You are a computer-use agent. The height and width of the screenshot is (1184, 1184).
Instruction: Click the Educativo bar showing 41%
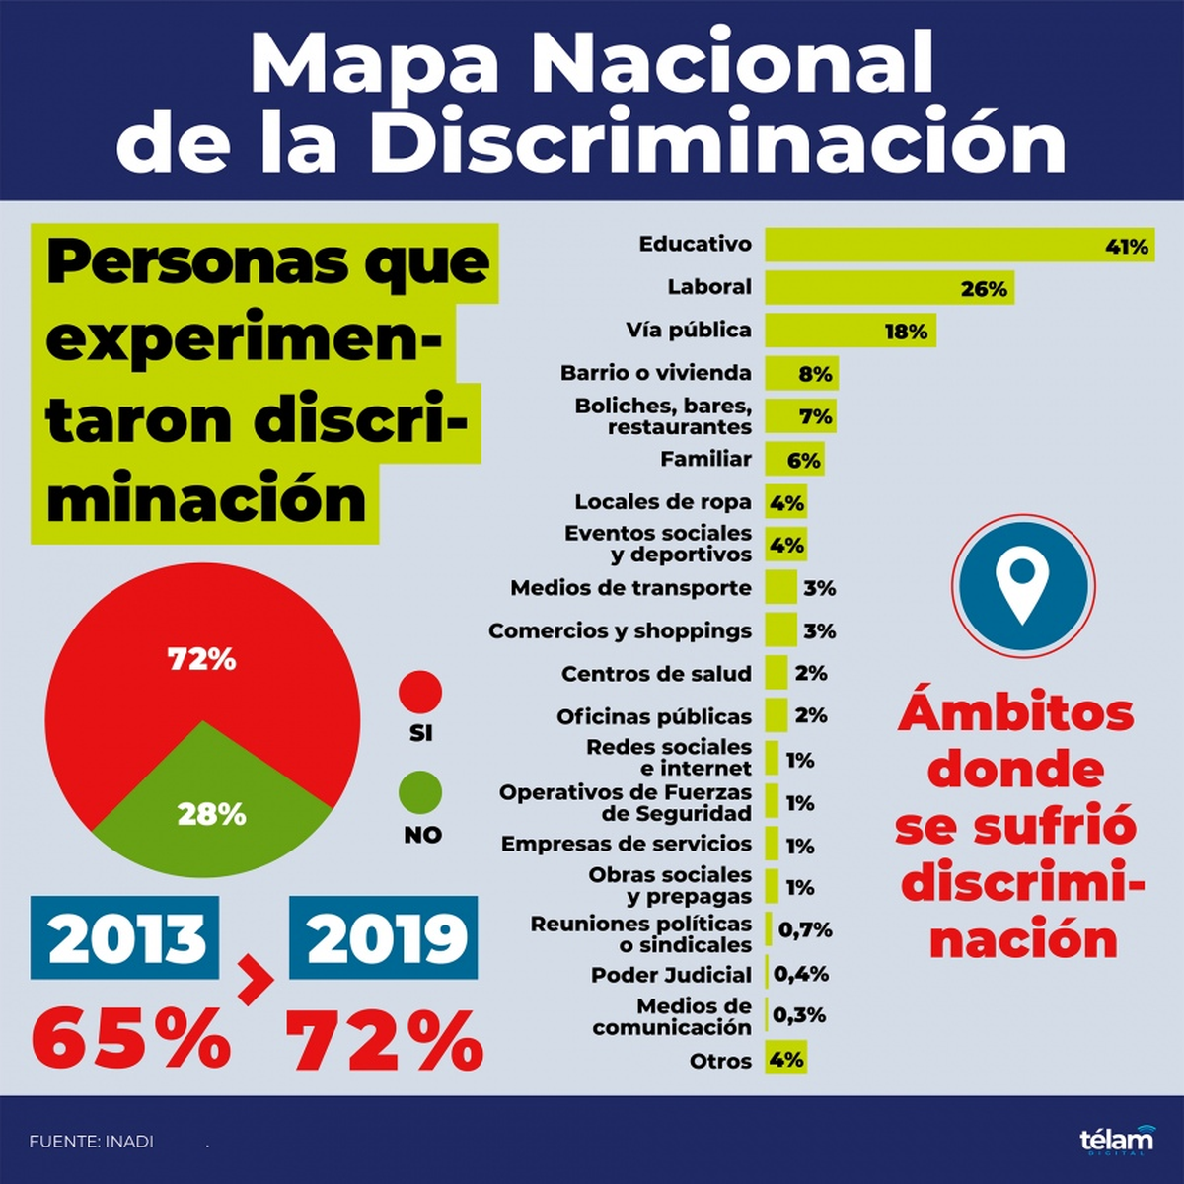[x=957, y=245]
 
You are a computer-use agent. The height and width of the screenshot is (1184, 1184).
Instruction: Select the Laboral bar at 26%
[x=888, y=288]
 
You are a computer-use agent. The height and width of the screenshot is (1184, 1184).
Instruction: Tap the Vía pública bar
[x=849, y=331]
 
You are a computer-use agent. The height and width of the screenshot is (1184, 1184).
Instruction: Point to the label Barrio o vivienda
[x=655, y=373]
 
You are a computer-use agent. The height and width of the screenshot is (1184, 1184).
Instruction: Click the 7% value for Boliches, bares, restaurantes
[x=816, y=416]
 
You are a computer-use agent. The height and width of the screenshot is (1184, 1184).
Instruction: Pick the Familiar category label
[x=705, y=459]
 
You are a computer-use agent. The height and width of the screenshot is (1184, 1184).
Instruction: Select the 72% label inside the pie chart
[x=202, y=659]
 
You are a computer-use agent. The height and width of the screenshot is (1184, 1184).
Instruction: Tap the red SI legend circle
[x=420, y=692]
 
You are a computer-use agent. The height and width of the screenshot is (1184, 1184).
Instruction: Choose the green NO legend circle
[x=420, y=792]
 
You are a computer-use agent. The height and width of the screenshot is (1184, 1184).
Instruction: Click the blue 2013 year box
[x=125, y=938]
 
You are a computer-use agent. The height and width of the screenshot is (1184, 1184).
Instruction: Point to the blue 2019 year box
[x=384, y=938]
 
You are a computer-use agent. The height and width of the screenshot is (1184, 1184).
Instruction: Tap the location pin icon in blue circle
[x=1023, y=585]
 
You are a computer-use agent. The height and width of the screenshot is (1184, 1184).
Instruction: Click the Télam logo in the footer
[x=1116, y=1140]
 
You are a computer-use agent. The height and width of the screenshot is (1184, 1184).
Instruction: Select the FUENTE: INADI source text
[x=92, y=1141]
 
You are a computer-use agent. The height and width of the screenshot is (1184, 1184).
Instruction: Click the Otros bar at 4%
[x=786, y=1060]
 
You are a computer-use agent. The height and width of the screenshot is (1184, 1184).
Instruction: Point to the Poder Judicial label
[x=671, y=975]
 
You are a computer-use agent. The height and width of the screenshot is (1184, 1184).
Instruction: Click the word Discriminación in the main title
[x=717, y=144]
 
